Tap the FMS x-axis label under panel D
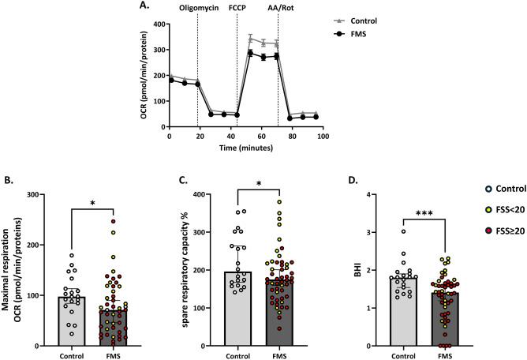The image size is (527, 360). [446, 354]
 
